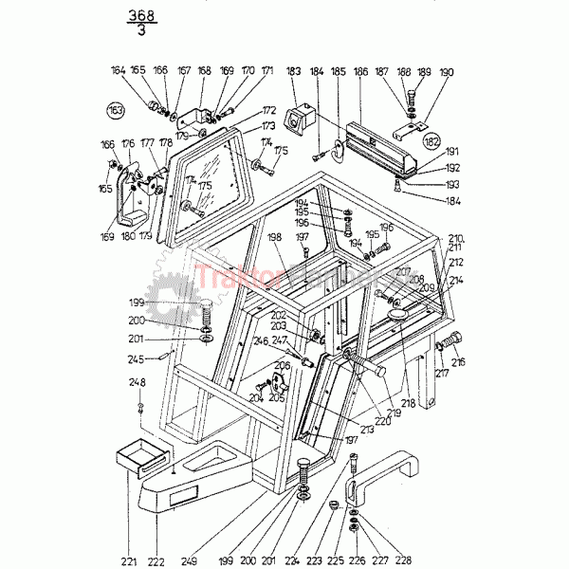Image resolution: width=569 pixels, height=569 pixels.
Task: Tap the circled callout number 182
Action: pyautogui.click(x=433, y=140)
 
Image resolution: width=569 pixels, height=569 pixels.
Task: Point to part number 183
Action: pyautogui.click(x=293, y=71)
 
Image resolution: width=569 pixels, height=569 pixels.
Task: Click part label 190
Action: pyautogui.click(x=447, y=71)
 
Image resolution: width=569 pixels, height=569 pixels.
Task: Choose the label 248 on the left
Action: pyautogui.click(x=138, y=382)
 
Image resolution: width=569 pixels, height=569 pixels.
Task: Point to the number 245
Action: pyautogui.click(x=137, y=359)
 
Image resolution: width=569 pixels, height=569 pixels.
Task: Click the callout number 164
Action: pyautogui.click(x=118, y=70)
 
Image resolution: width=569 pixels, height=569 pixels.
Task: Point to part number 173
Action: pyautogui.click(x=269, y=125)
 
